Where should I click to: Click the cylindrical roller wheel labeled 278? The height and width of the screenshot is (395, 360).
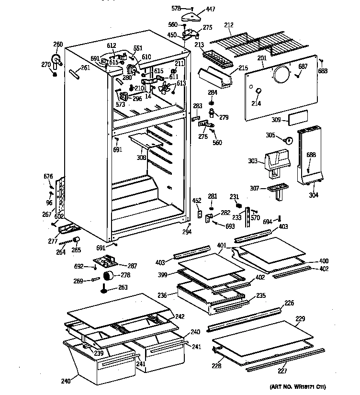[x=111, y=276]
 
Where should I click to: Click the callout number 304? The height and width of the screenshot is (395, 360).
[x=313, y=195]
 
